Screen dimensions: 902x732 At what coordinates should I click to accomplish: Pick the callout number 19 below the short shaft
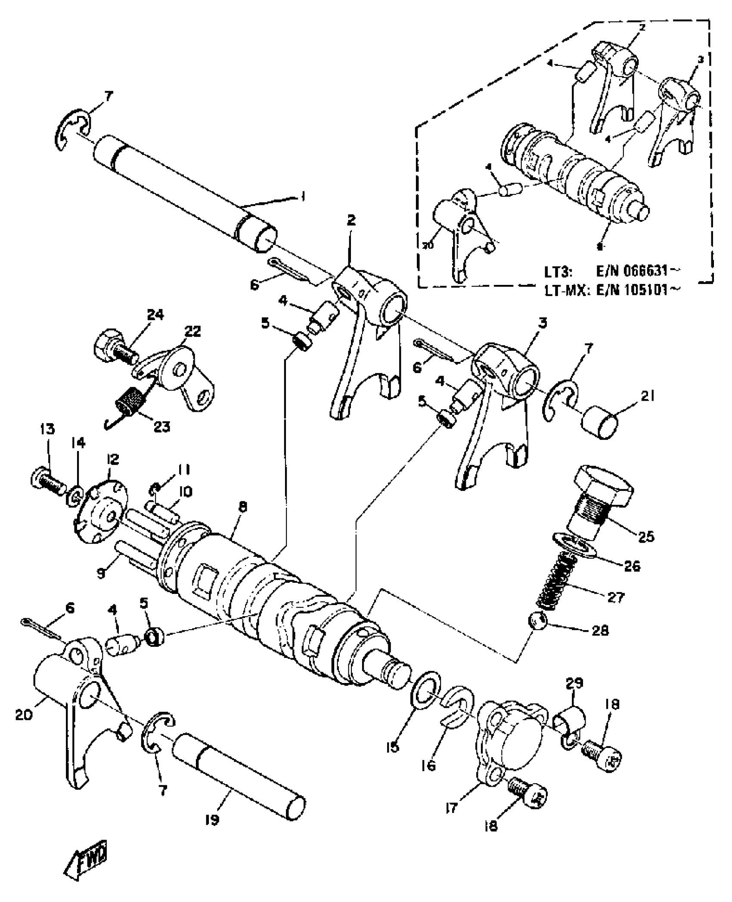(212, 820)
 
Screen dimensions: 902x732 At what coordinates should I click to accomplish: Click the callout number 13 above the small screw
(47, 429)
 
